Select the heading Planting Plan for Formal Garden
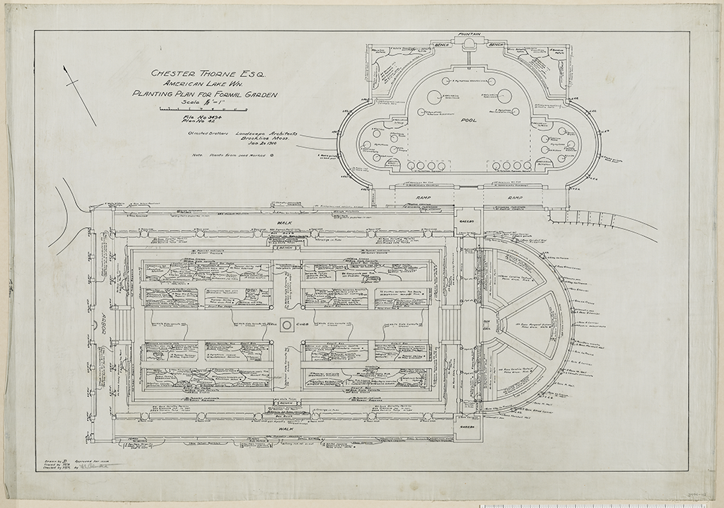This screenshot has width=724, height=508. pos(205,94)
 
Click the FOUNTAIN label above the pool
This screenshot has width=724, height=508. pos(469,34)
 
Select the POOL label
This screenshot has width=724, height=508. pos(469,120)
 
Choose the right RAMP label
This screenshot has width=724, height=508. pos(514,197)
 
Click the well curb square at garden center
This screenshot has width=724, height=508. pos(286,325)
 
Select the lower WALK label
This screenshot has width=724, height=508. pos(286,429)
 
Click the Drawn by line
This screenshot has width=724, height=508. pos(51,459)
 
